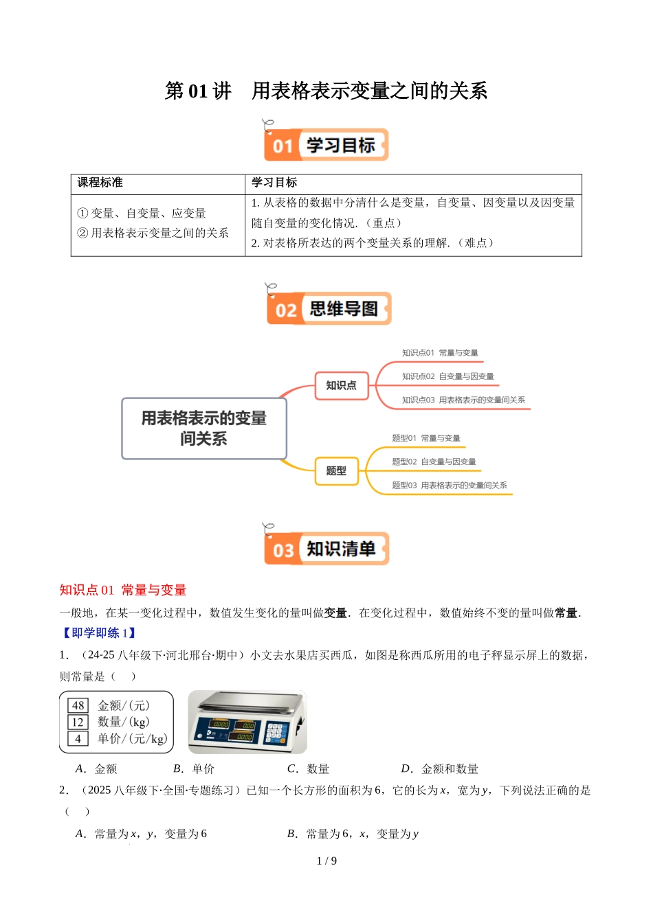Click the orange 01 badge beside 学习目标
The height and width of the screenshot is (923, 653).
click(x=283, y=146)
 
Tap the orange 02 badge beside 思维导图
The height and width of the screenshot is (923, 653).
click(x=285, y=310)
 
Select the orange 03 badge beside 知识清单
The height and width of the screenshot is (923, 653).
click(x=283, y=550)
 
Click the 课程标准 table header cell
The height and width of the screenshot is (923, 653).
click(x=100, y=183)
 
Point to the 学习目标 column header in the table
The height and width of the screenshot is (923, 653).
click(x=274, y=183)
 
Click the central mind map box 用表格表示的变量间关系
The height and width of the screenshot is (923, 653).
click(x=203, y=429)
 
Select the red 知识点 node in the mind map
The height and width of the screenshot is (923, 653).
click(x=341, y=385)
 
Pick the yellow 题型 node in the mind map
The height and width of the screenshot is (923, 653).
click(x=336, y=471)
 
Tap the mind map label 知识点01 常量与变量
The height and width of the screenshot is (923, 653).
click(x=440, y=353)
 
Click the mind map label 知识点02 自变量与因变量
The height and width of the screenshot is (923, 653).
click(x=447, y=376)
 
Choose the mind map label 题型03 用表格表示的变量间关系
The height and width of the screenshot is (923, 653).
click(x=450, y=486)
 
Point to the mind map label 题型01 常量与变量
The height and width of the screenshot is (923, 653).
click(x=426, y=438)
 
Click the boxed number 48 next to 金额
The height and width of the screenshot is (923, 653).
click(x=78, y=705)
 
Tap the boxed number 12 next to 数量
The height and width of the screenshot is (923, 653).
click(x=78, y=722)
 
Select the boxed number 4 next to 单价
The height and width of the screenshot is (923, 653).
click(x=78, y=738)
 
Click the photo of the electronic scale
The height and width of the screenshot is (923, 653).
click(x=247, y=722)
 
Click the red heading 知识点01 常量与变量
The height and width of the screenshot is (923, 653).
click(x=123, y=590)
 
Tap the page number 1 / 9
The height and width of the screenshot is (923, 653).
click(x=326, y=861)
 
